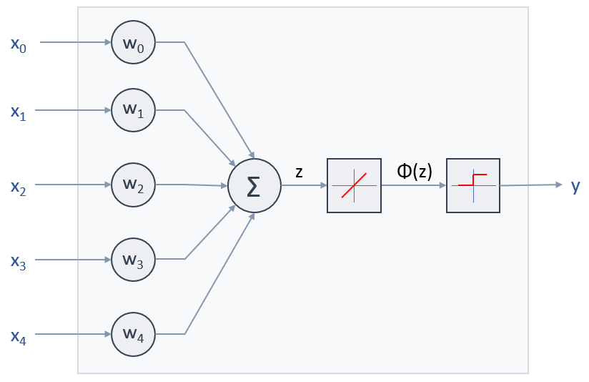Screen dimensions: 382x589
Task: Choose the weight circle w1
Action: (133, 110)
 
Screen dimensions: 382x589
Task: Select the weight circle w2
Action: (133, 185)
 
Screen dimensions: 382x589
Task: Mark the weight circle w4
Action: (133, 333)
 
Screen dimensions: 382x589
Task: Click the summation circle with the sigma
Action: (254, 185)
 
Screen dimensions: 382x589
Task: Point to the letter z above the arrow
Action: (299, 171)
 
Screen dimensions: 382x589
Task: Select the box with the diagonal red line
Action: (354, 185)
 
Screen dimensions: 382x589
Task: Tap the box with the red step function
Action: (473, 185)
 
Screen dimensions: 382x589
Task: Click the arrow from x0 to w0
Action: (75, 41)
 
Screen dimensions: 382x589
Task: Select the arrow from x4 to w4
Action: (75, 333)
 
